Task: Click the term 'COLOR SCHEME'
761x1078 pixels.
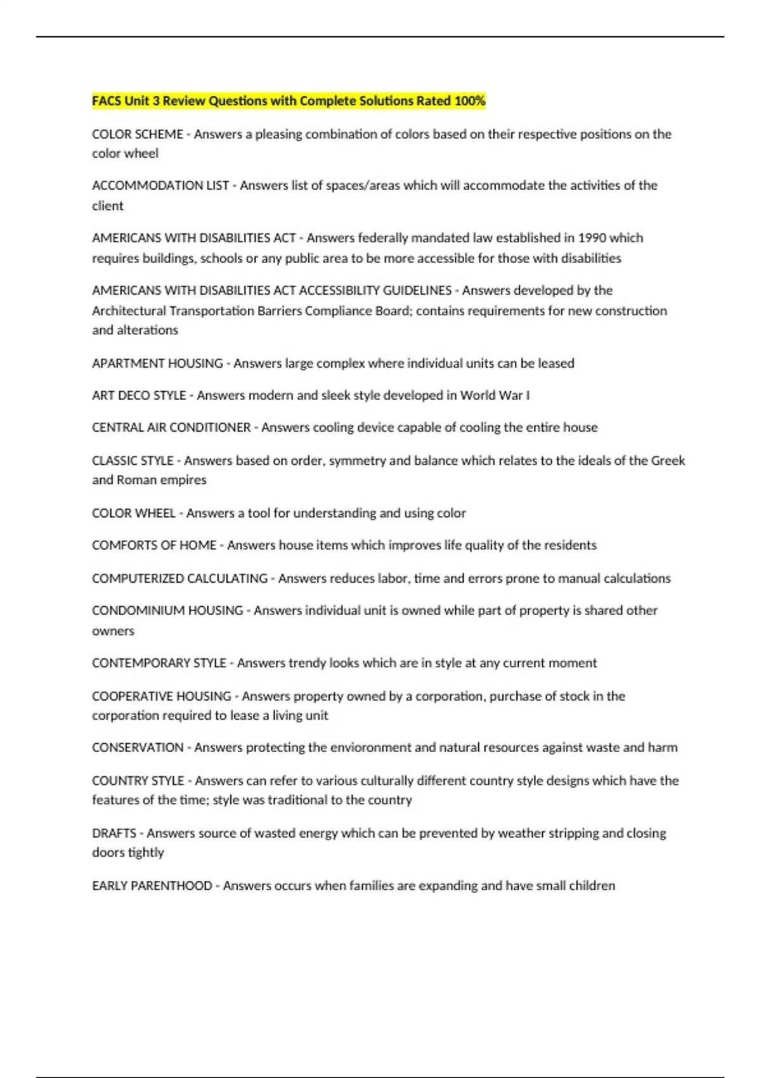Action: click(x=137, y=134)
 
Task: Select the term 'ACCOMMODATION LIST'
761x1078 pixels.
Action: click(x=160, y=186)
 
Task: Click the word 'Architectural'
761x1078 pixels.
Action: click(x=129, y=311)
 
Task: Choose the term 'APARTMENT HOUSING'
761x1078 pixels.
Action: click(x=157, y=363)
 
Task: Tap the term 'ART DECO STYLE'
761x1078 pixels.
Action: click(x=139, y=396)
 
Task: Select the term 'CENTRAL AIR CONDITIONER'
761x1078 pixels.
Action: click(x=171, y=427)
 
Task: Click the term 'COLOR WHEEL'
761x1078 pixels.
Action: click(x=133, y=513)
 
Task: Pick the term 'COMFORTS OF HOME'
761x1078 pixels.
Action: click(x=154, y=545)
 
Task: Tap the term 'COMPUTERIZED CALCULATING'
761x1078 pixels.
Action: click(x=179, y=578)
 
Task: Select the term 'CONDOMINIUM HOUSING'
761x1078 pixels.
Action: click(x=167, y=611)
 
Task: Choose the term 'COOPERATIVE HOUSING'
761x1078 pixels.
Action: click(x=162, y=696)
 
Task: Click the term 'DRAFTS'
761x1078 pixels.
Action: click(x=114, y=833)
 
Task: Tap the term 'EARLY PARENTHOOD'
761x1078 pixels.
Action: click(x=152, y=886)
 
